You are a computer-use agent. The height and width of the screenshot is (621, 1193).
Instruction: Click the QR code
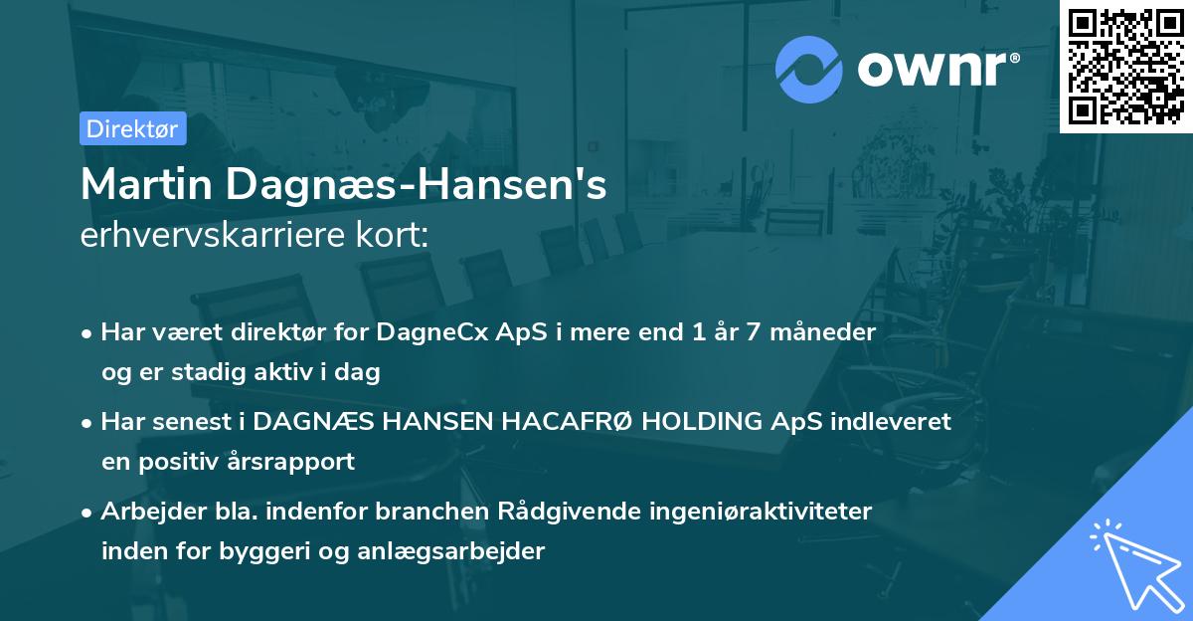(x=1126, y=66)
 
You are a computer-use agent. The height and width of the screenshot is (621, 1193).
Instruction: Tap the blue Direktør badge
(x=132, y=128)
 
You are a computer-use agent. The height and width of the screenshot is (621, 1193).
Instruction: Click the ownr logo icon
(x=809, y=69)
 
